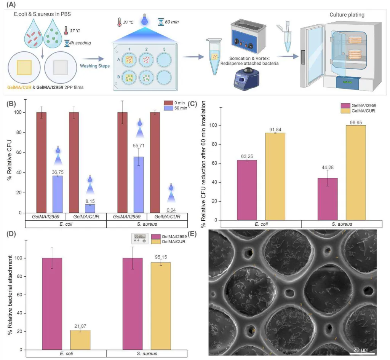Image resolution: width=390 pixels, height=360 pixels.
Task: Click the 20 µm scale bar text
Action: (359, 349)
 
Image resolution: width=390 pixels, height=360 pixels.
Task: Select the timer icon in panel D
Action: (139, 239)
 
